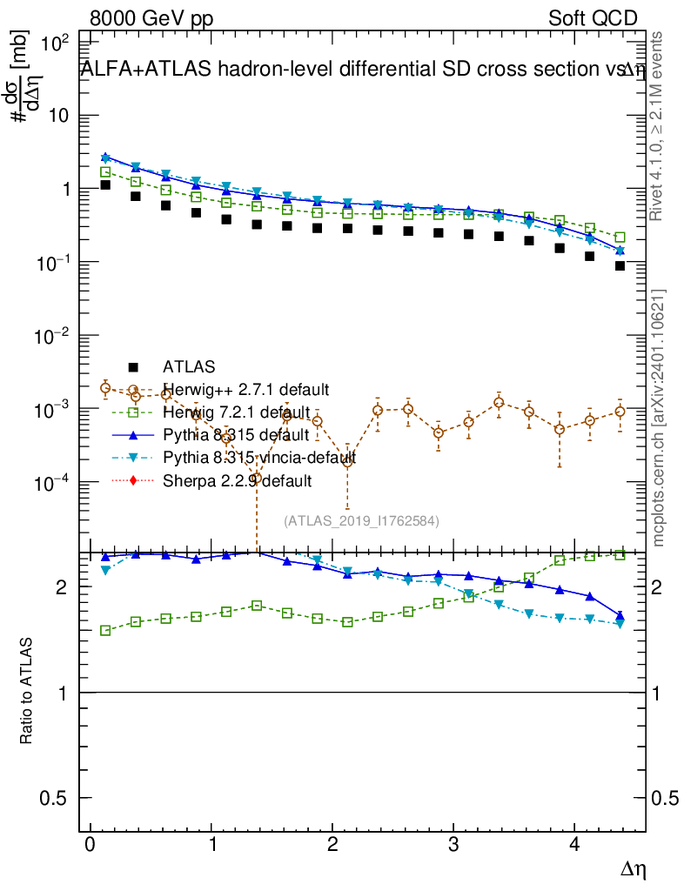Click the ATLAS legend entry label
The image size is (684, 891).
tap(188, 367)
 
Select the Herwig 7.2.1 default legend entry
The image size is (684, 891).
tap(236, 412)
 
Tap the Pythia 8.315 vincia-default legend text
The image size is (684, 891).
tap(258, 457)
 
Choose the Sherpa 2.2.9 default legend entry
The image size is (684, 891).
tap(237, 479)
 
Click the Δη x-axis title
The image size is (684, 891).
tap(632, 868)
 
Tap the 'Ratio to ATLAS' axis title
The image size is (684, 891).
tap(27, 692)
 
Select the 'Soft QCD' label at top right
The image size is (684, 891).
tap(593, 18)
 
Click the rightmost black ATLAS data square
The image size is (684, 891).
tap(620, 265)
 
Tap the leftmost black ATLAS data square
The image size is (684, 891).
tap(105, 184)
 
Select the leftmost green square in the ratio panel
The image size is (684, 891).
tap(105, 630)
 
